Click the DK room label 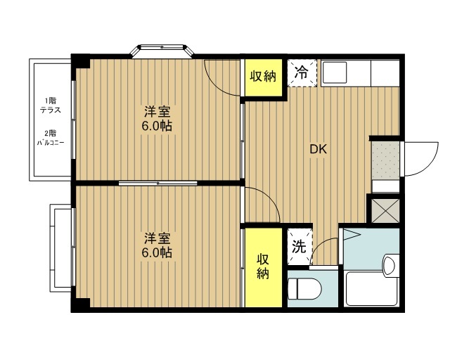319,149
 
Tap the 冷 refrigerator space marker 302,73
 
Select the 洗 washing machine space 300,247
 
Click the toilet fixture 304,289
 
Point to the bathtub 372,289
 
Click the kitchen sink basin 335,72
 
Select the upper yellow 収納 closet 263,77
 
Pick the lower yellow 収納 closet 263,267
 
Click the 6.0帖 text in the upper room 157,126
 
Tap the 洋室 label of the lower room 157,238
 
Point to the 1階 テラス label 51,105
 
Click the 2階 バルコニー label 51,138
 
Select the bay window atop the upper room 162,51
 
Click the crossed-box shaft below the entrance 385,211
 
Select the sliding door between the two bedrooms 157,183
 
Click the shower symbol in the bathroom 352,236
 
